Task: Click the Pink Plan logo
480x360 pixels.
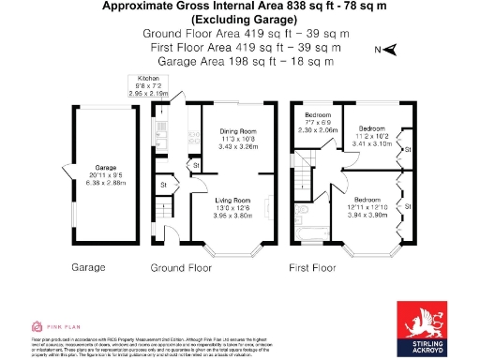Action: [48, 326]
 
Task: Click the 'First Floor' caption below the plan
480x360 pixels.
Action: [312, 267]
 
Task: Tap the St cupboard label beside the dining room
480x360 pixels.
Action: [196, 166]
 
